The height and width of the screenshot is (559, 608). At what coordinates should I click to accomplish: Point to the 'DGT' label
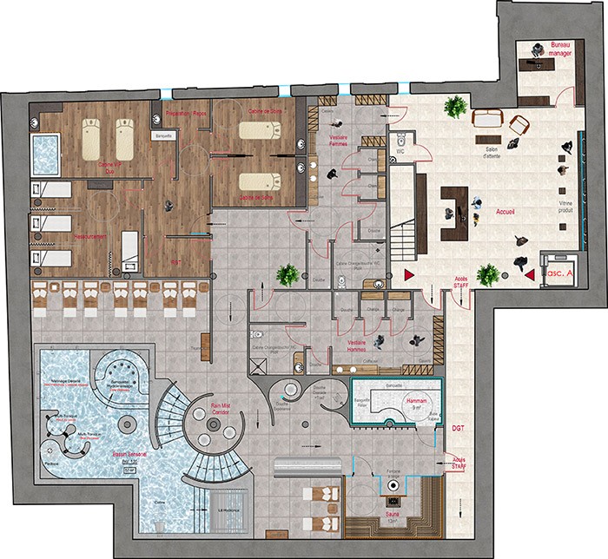point(458,428)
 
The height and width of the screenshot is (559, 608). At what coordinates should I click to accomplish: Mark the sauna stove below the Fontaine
point(398,502)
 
